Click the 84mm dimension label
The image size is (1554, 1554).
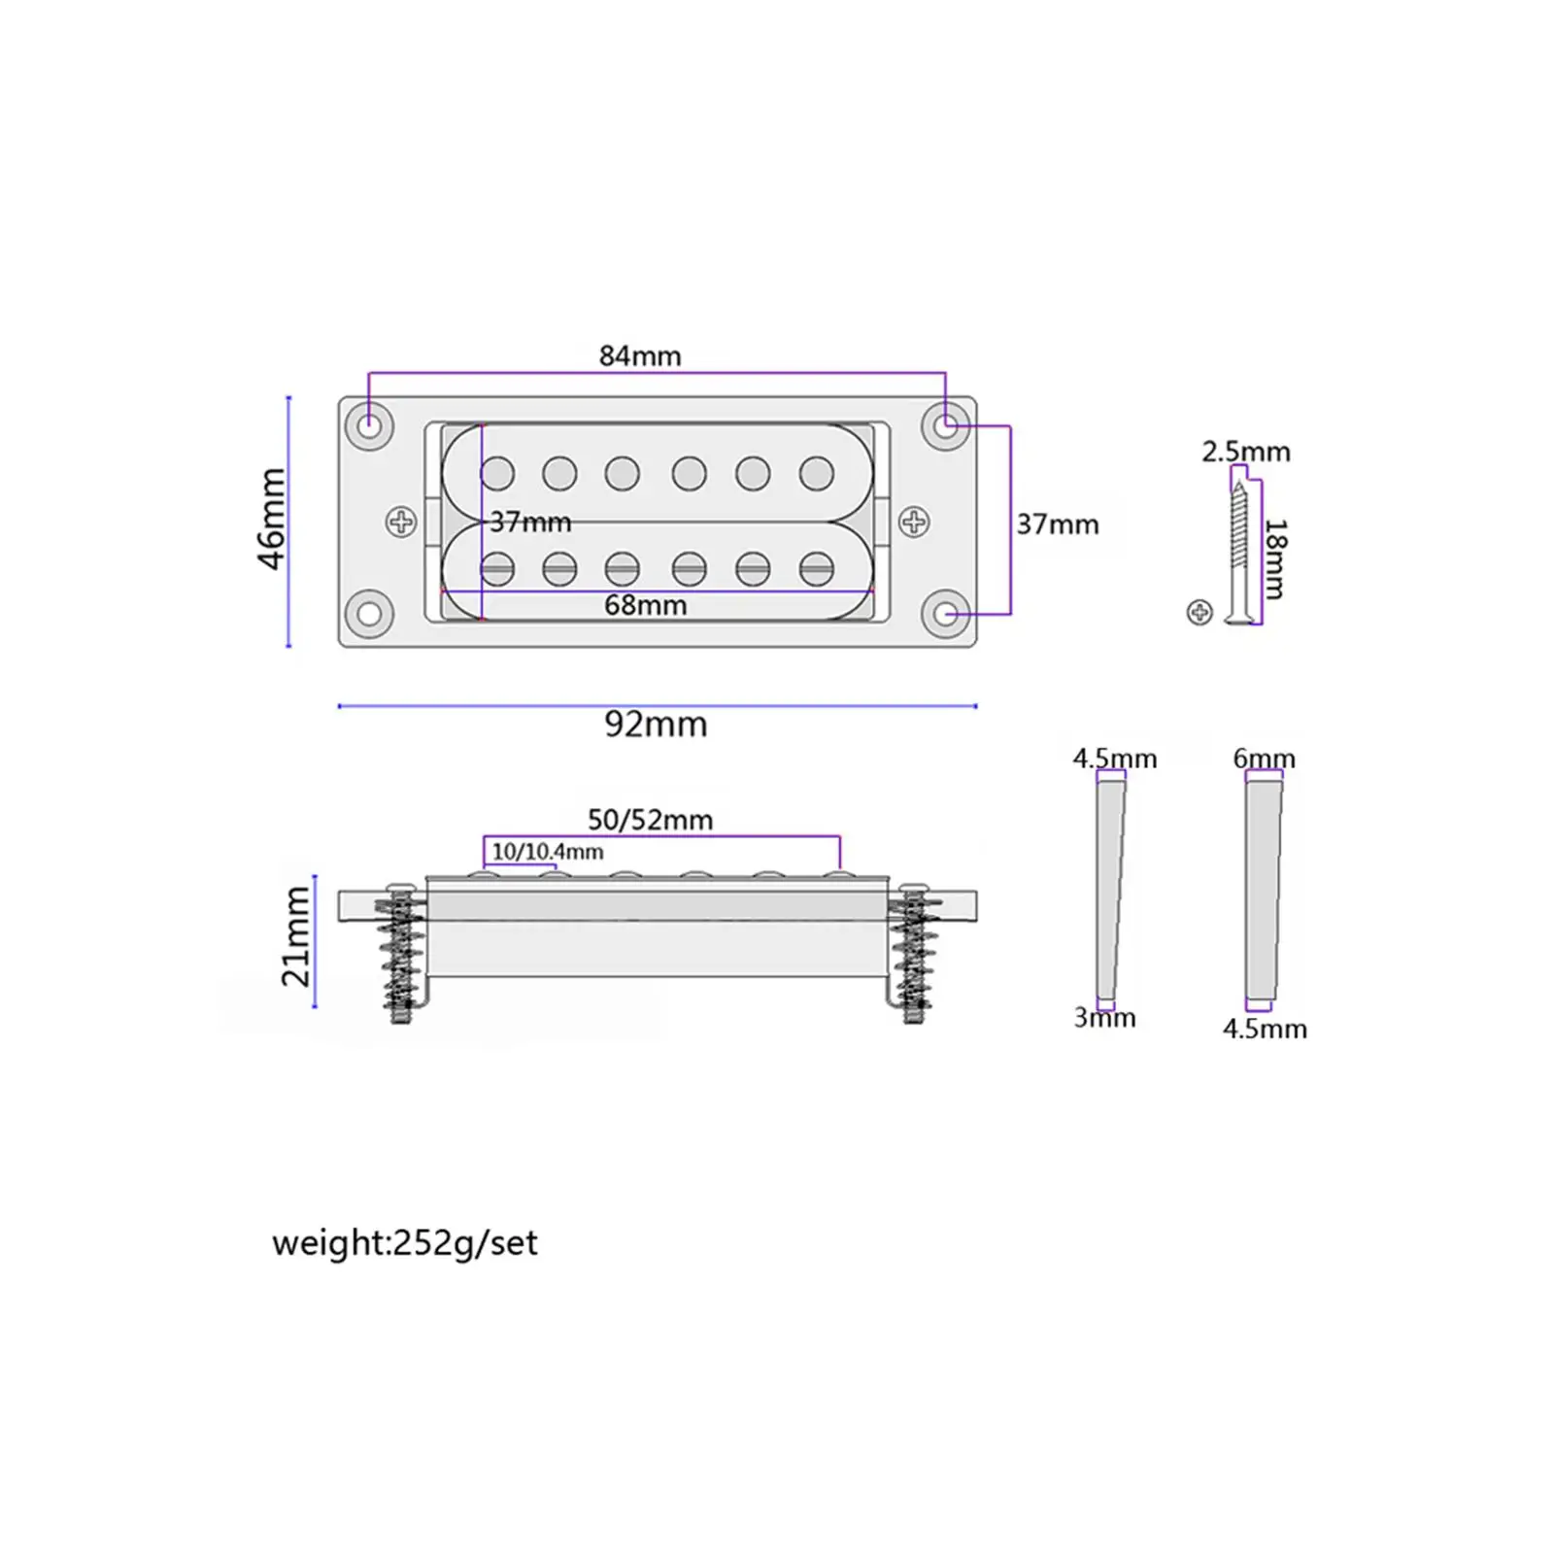pyautogui.click(x=640, y=356)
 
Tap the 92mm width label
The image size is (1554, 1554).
pyautogui.click(x=656, y=725)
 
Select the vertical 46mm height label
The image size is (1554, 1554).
pyautogui.click(x=272, y=519)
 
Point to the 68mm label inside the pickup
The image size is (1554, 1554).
pyautogui.click(x=645, y=605)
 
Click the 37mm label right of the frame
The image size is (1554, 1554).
pyautogui.click(x=1058, y=524)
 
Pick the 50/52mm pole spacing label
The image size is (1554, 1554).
pyautogui.click(x=650, y=820)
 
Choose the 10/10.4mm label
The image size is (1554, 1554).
pyautogui.click(x=548, y=852)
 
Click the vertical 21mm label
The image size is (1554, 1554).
pyautogui.click(x=296, y=936)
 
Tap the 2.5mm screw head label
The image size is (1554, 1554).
pyautogui.click(x=1246, y=452)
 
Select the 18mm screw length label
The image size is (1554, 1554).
pyautogui.click(x=1275, y=559)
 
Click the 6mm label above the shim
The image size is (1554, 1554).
pyautogui.click(x=1264, y=758)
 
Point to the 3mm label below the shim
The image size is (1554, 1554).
pyautogui.click(x=1104, y=1018)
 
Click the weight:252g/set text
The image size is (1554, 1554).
pyautogui.click(x=404, y=1243)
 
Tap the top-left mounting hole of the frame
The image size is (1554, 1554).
pyautogui.click(x=369, y=425)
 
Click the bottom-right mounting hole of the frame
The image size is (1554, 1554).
pyautogui.click(x=946, y=614)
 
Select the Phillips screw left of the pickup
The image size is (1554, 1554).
pyautogui.click(x=401, y=523)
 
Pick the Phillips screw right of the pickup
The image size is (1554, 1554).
pyautogui.click(x=913, y=523)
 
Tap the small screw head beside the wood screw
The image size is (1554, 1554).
pyautogui.click(x=1199, y=612)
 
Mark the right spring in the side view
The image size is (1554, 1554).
pyautogui.click(x=914, y=957)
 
